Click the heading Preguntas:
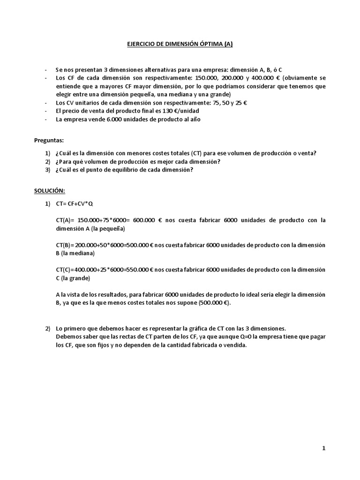click(49, 140)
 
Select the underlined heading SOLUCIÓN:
click(50, 191)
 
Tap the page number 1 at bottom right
click(323, 448)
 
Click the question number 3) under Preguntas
click(47, 170)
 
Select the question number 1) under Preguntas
click(47, 153)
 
